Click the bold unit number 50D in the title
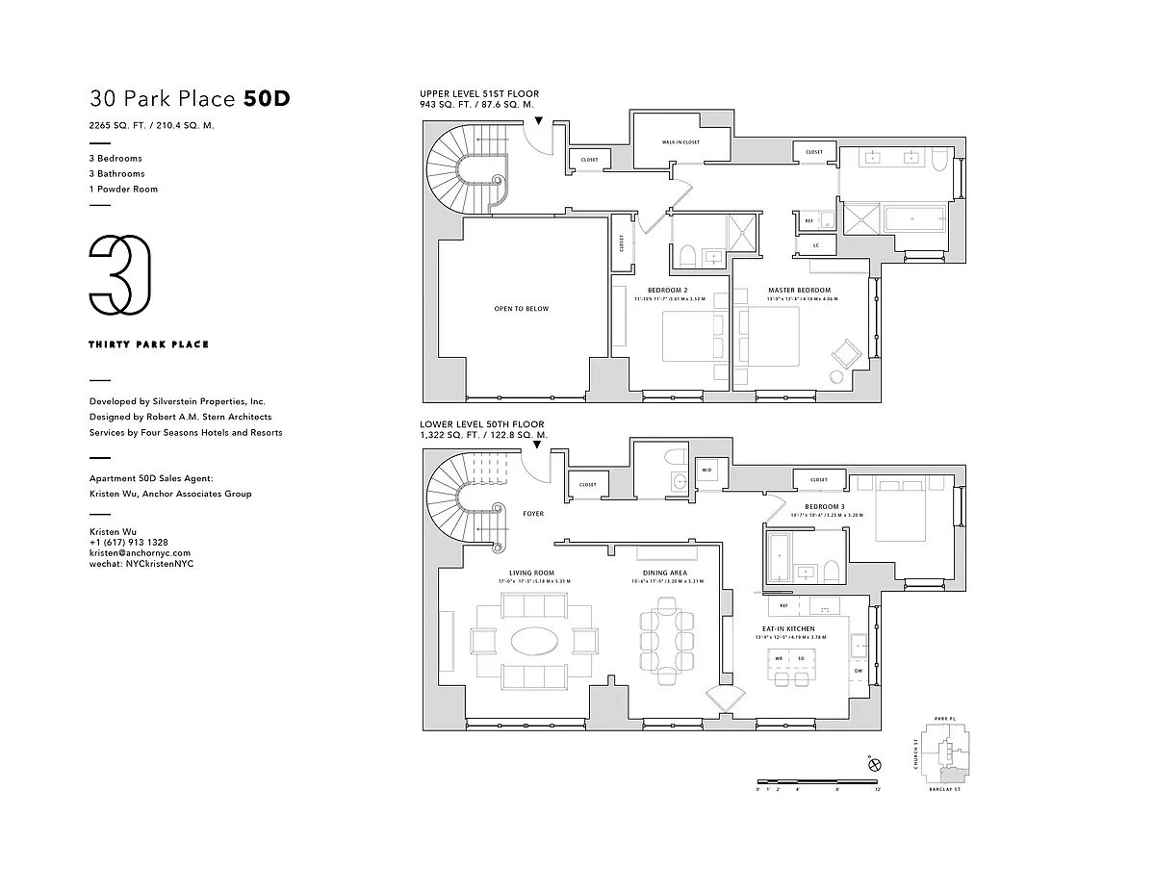click(x=267, y=98)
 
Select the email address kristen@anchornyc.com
click(x=140, y=553)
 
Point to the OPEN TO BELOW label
click(x=522, y=309)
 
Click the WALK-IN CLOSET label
click(x=680, y=142)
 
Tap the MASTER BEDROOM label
click(x=799, y=290)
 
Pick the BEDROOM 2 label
click(x=666, y=290)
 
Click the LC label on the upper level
click(x=815, y=245)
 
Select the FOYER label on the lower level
click(x=533, y=514)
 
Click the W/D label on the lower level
click(x=706, y=471)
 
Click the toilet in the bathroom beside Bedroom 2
click(x=687, y=255)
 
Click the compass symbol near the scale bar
click(x=874, y=765)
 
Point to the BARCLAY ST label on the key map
click(x=944, y=789)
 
